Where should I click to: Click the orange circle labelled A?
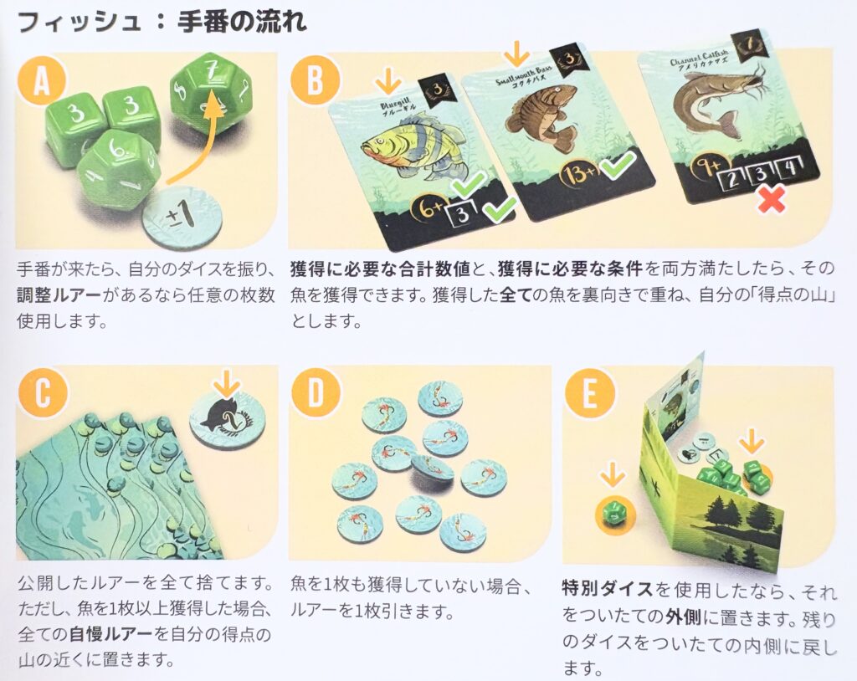(x=42, y=81)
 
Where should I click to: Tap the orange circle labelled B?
(x=316, y=81)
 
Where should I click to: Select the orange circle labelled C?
(x=42, y=393)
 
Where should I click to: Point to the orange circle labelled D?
(x=316, y=393)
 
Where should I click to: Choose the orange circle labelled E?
(x=590, y=393)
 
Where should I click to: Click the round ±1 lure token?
(x=182, y=217)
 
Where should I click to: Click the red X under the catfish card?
(x=770, y=197)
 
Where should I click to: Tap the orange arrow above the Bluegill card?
(x=387, y=81)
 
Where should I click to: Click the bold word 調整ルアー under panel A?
(x=59, y=294)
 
